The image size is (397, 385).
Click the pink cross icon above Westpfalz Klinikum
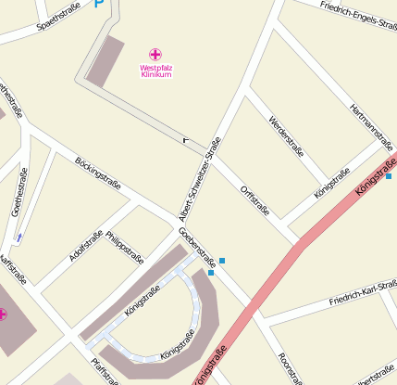tap(155, 55)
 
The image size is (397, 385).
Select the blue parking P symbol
tap(99, 5)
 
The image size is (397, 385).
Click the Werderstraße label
tap(285, 135)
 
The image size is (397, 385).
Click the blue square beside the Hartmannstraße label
tap(389, 176)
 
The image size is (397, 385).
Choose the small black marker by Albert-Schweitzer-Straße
tap(186, 139)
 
